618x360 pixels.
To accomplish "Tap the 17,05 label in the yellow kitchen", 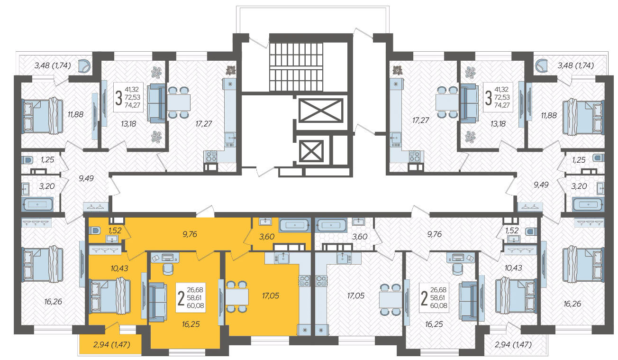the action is [x=271, y=295].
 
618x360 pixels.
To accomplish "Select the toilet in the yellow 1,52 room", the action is [x=94, y=230].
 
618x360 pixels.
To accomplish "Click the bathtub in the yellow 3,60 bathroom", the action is [x=295, y=225].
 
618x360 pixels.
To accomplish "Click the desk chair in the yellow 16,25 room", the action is [x=168, y=269].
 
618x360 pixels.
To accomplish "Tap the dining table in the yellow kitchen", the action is [x=237, y=297].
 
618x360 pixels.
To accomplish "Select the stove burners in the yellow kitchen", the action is [x=304, y=281].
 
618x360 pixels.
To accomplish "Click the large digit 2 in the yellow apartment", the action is [x=181, y=298].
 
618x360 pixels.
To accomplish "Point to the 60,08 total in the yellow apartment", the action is [x=195, y=305].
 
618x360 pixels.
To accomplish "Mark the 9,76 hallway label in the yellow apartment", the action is [x=190, y=234].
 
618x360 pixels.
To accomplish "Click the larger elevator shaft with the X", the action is [x=320, y=110].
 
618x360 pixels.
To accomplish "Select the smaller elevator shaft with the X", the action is [x=311, y=151].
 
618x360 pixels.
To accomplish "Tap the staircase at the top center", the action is [x=296, y=66].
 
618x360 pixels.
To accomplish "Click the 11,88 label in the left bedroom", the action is [x=75, y=114].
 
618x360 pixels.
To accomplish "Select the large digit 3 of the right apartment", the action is [x=488, y=98].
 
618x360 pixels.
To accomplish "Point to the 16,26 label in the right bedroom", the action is [x=573, y=304].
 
